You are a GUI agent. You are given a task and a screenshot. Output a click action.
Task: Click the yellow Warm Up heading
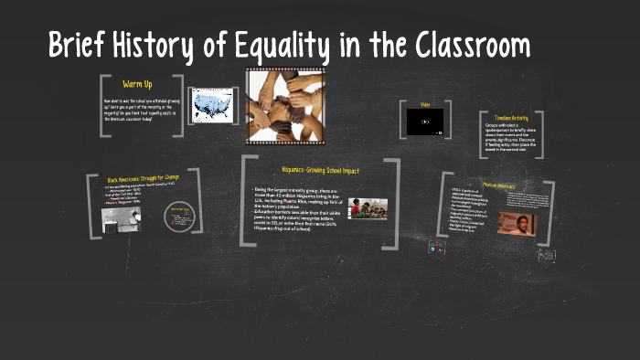[x=137, y=84]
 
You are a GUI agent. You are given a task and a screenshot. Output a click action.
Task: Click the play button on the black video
[x=425, y=122]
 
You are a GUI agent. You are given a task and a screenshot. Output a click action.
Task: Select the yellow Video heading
[x=425, y=104]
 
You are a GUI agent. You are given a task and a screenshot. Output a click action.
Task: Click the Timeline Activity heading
[x=512, y=117]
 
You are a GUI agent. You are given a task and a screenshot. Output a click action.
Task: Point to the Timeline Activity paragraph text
[x=512, y=140]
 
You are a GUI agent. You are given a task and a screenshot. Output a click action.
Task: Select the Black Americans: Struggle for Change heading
[x=143, y=179]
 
